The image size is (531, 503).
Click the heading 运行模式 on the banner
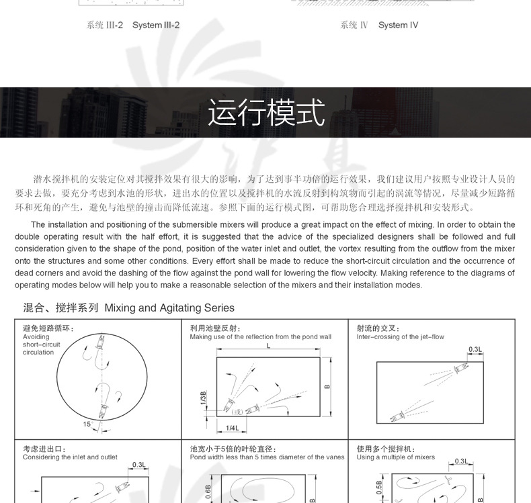pos(265,113)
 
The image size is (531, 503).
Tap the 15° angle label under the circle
pos(87,424)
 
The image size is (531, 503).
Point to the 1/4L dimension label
pos(233,428)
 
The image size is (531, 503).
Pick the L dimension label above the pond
pos(268,346)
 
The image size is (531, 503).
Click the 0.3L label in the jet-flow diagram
pos(475,349)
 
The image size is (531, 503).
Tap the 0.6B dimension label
pos(208,490)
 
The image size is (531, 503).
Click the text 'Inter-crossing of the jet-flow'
pos(400,337)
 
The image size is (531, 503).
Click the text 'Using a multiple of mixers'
pos(395,457)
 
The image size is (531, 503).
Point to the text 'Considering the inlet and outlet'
pos(70,457)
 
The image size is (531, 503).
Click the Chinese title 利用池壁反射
pos(214,328)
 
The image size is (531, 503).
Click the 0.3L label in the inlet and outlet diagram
pos(139,465)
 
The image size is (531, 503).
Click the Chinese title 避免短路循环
pos(48,328)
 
